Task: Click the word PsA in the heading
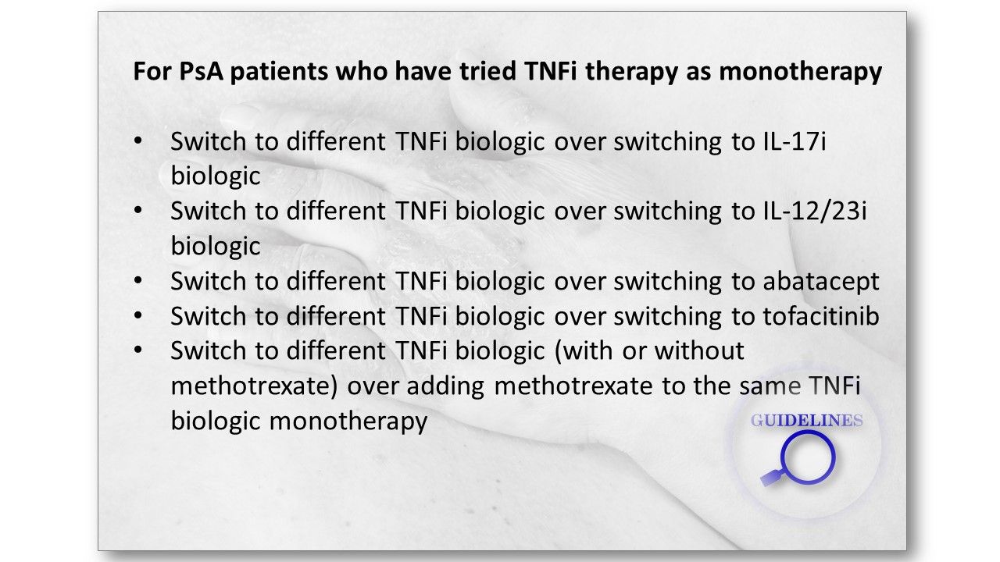[x=201, y=71]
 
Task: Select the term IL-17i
[x=795, y=141]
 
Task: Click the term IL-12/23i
[x=814, y=211]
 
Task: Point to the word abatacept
[x=821, y=282]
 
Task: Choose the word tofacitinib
[x=821, y=316]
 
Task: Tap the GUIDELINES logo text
[x=807, y=420]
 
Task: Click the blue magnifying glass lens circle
[x=808, y=432]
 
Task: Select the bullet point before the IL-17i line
[x=138, y=141]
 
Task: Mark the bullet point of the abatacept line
[x=138, y=280]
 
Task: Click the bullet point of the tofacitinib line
[x=138, y=315]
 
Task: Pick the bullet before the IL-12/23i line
[x=138, y=210]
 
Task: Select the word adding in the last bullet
[x=445, y=386]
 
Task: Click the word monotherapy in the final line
[x=348, y=421]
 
